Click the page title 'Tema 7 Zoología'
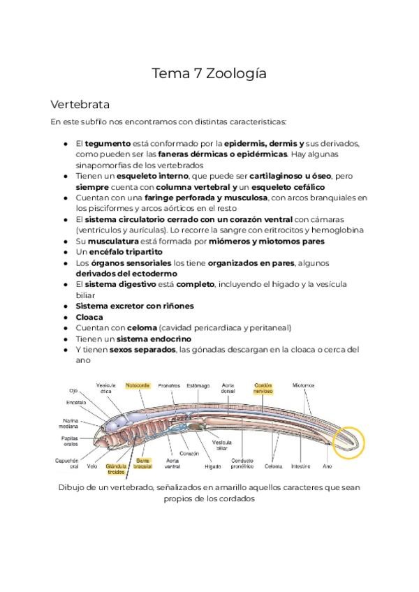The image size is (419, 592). point(209,73)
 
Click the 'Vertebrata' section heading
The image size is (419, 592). point(80,105)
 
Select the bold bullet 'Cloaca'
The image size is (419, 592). point(89,317)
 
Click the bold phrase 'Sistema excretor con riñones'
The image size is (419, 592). point(134,306)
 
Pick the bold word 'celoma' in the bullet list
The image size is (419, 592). point(142,327)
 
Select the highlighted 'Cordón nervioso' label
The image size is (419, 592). point(263,387)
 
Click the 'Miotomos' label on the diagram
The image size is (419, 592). point(304,385)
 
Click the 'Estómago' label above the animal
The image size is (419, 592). point(198,385)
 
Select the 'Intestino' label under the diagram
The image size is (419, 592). point(301,466)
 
